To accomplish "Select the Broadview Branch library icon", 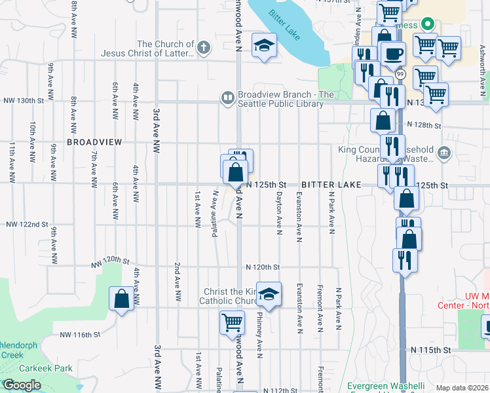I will coord(227,98).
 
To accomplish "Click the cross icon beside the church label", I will coord(204,47).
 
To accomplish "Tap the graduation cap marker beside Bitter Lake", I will coord(264,46).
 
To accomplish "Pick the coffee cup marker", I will coord(393,54).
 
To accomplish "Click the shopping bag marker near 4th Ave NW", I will coord(121,299).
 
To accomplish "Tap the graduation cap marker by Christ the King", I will coord(268,294).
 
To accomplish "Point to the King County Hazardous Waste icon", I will coord(443,153).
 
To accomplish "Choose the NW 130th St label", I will coord(23,101).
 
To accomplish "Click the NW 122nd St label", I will coord(27,224).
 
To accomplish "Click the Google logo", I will coord(22,385).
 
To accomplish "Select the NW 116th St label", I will coord(79,335).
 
